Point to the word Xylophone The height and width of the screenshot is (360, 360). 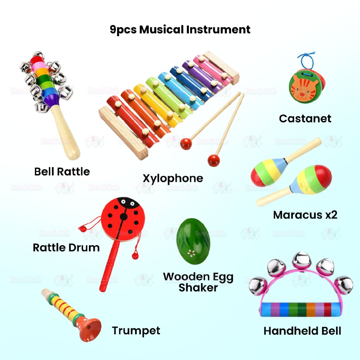[173, 178]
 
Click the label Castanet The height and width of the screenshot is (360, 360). [305, 118]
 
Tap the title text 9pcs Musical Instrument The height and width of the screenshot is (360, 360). [180, 30]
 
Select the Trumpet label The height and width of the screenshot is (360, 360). [136, 330]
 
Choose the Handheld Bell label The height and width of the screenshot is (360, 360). [302, 331]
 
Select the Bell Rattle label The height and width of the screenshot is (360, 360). [62, 172]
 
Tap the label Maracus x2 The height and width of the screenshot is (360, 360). [305, 215]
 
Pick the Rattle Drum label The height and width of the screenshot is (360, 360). [66, 247]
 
